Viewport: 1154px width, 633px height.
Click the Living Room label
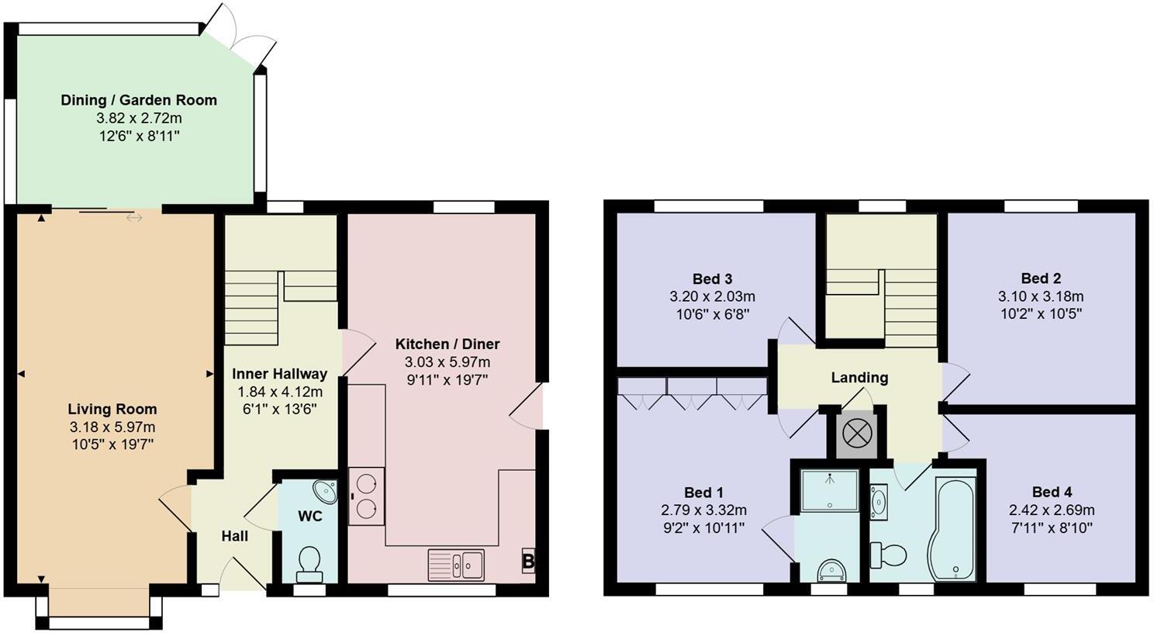click(112, 409)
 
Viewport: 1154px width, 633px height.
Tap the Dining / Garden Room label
click(139, 100)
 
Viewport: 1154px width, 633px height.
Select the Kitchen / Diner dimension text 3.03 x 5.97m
click(447, 362)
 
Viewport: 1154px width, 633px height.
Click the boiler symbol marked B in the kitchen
click(528, 561)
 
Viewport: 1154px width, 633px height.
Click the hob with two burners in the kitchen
click(366, 496)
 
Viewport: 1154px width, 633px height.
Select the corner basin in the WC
click(326, 492)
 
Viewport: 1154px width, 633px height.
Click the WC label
click(309, 516)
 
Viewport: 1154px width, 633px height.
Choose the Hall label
click(234, 536)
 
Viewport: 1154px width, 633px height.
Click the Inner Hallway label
click(279, 374)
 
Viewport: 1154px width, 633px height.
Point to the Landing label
click(859, 378)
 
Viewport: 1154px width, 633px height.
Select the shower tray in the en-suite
click(829, 490)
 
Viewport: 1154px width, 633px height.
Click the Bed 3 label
click(712, 278)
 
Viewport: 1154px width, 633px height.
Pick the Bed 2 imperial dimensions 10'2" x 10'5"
click(1041, 313)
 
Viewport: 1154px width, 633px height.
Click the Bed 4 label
click(1052, 492)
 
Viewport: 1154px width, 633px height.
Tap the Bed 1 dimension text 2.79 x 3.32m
click(703, 510)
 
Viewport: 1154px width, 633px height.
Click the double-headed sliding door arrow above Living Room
click(134, 218)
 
